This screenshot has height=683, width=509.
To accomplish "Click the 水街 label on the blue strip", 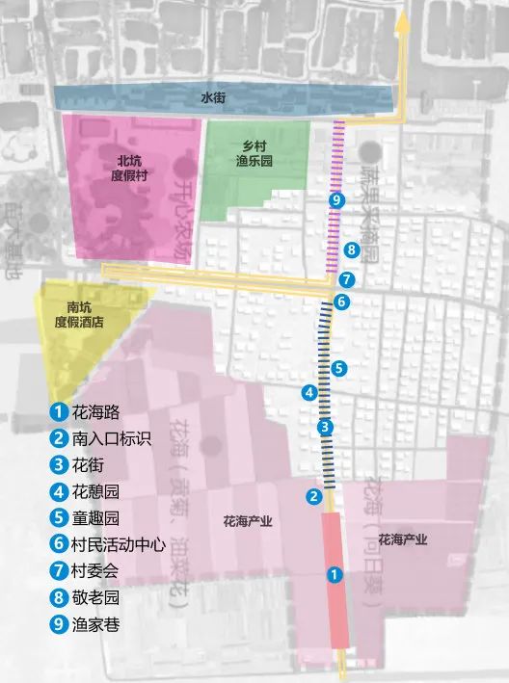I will pyautogui.click(x=213, y=97).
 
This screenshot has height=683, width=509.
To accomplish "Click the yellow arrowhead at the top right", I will pyautogui.click(x=406, y=27).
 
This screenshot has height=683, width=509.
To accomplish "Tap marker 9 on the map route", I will pyautogui.click(x=335, y=200).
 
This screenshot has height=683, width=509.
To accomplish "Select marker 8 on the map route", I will pyautogui.click(x=352, y=250).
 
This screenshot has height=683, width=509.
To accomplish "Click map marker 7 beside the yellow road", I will pyautogui.click(x=347, y=280).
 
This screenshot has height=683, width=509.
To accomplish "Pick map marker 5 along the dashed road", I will pyautogui.click(x=337, y=368).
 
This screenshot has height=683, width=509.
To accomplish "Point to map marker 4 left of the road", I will pyautogui.click(x=309, y=392).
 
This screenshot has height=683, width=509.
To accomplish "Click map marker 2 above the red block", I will pyautogui.click(x=313, y=497).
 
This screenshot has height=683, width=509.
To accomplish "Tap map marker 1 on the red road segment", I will pyautogui.click(x=335, y=575).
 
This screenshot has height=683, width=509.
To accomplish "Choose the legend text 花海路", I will pyautogui.click(x=95, y=411).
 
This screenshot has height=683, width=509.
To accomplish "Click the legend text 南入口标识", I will pyautogui.click(x=112, y=438).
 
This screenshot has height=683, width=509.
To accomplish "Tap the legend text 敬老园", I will pyautogui.click(x=95, y=597).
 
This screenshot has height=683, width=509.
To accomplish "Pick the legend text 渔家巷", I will pyautogui.click(x=95, y=623).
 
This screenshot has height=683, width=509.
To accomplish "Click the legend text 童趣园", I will pyautogui.click(x=95, y=517).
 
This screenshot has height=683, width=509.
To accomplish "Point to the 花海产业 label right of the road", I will pyautogui.click(x=405, y=539).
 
